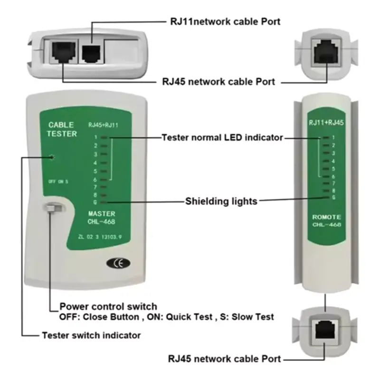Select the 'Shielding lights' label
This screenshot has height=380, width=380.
coord(221,201)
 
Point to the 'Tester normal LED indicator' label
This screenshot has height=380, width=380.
coord(222,138)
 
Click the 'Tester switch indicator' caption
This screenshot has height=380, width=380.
coord(91,335)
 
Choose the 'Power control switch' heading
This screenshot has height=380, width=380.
coord(108,306)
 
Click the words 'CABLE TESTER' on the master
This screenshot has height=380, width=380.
coord(61,130)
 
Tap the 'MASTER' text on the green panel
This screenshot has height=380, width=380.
coord(102,214)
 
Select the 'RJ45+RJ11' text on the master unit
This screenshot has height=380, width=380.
coord(103,125)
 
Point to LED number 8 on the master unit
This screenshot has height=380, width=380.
coord(104,194)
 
